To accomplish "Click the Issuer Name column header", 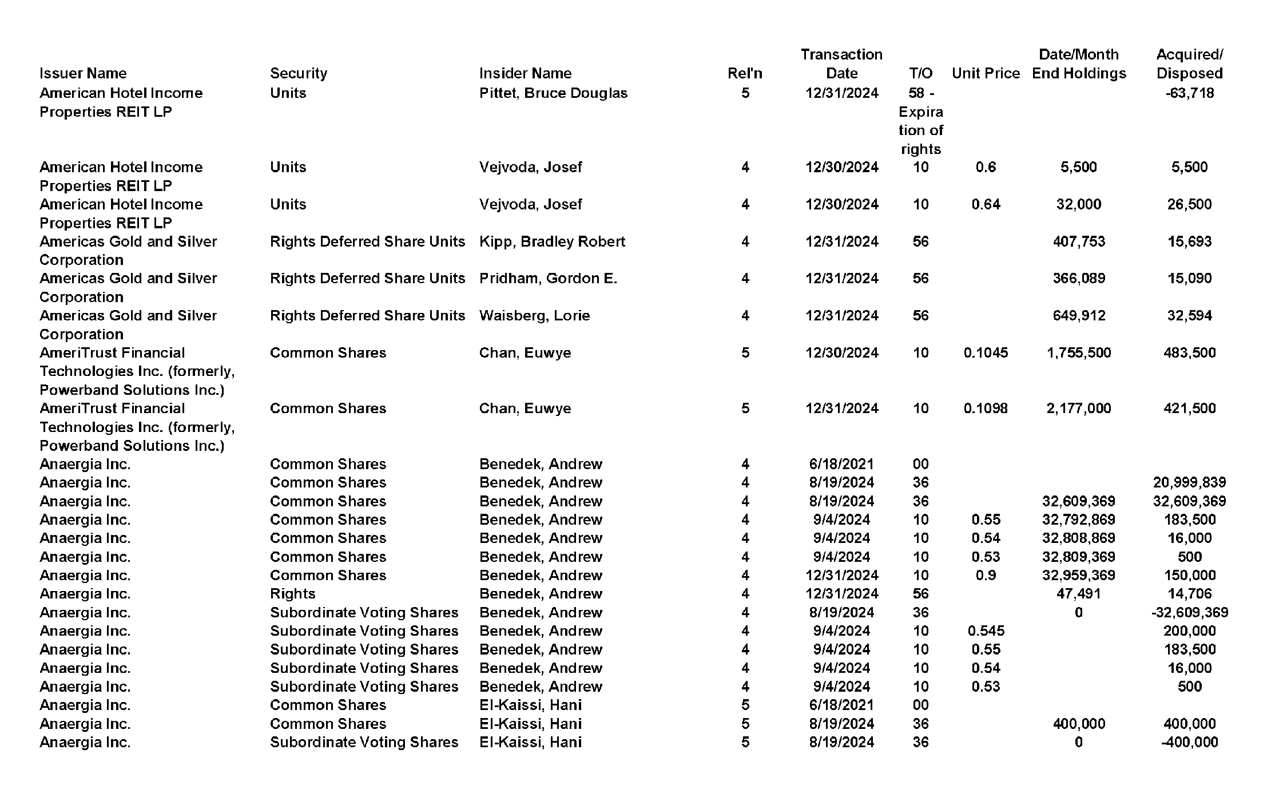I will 83,73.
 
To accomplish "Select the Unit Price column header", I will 986,73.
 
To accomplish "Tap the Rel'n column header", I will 745,73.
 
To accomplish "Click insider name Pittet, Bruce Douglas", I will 553,93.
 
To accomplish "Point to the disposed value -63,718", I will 1189,93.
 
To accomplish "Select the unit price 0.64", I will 986,204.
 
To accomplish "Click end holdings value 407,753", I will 1078,241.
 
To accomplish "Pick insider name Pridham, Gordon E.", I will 548,278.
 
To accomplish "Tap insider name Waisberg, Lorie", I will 534,315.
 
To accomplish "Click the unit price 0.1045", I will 986,352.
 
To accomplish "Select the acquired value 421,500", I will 1189,408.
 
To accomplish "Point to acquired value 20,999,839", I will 1189,482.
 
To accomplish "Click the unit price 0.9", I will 986,575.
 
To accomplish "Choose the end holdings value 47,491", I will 1078,593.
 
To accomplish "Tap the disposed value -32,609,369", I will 1189,612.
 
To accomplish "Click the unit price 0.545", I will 986,631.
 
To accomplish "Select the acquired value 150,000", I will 1189,575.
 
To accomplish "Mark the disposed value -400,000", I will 1189,742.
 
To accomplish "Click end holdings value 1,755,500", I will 1078,352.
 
